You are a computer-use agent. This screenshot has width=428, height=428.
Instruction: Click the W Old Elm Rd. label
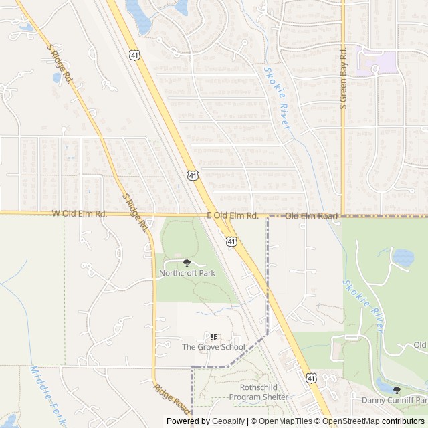click(80, 214)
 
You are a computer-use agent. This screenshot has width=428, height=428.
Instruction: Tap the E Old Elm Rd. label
click(232, 215)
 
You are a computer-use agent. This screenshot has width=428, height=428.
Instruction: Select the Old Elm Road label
click(311, 216)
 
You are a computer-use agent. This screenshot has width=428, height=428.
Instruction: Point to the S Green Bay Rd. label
click(343, 79)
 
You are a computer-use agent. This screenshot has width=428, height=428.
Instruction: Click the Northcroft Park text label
click(187, 273)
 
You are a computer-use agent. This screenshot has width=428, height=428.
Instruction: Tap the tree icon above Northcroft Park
click(187, 263)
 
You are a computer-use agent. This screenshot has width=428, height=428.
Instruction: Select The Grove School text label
click(213, 347)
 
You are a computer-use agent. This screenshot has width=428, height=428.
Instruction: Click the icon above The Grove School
click(213, 337)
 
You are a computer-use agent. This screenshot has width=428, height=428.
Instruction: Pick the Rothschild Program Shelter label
click(259, 392)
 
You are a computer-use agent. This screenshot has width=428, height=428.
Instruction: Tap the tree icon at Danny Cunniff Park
click(397, 390)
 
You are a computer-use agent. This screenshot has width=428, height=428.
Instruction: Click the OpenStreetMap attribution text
click(359, 421)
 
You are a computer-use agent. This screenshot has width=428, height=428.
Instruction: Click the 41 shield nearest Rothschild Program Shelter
click(312, 379)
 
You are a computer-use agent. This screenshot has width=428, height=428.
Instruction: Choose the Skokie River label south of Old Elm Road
click(362, 307)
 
